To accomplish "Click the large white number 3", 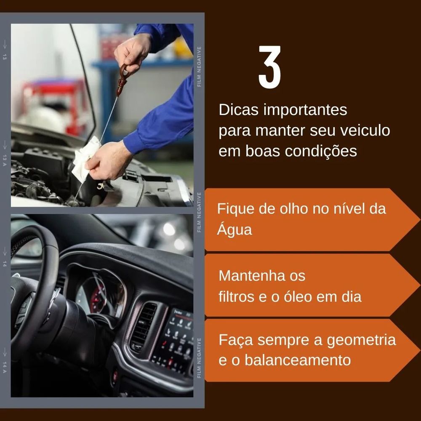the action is pos(269,67).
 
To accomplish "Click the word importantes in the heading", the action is pos(305,110).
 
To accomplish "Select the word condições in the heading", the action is pos(321,152).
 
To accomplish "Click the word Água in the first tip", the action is pos(234,229).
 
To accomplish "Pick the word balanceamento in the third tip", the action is pos(298,360).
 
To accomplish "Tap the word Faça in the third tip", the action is pos(236,340).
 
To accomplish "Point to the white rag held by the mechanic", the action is pos(85,159).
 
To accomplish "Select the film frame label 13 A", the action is pos(5,160).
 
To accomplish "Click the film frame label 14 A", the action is pos(5,367).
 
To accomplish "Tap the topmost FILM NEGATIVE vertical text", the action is pos(199,67).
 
